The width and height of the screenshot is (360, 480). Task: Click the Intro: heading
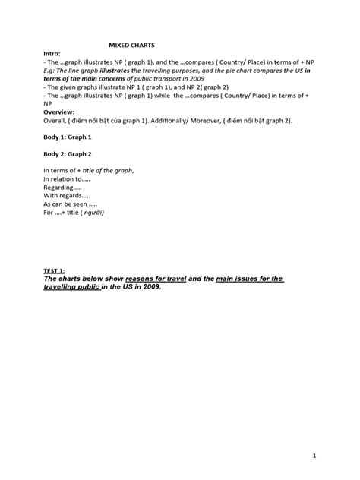[58, 55]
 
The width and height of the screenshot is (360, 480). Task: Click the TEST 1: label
[60, 270]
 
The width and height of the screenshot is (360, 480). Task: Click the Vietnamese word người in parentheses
[96, 213]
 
